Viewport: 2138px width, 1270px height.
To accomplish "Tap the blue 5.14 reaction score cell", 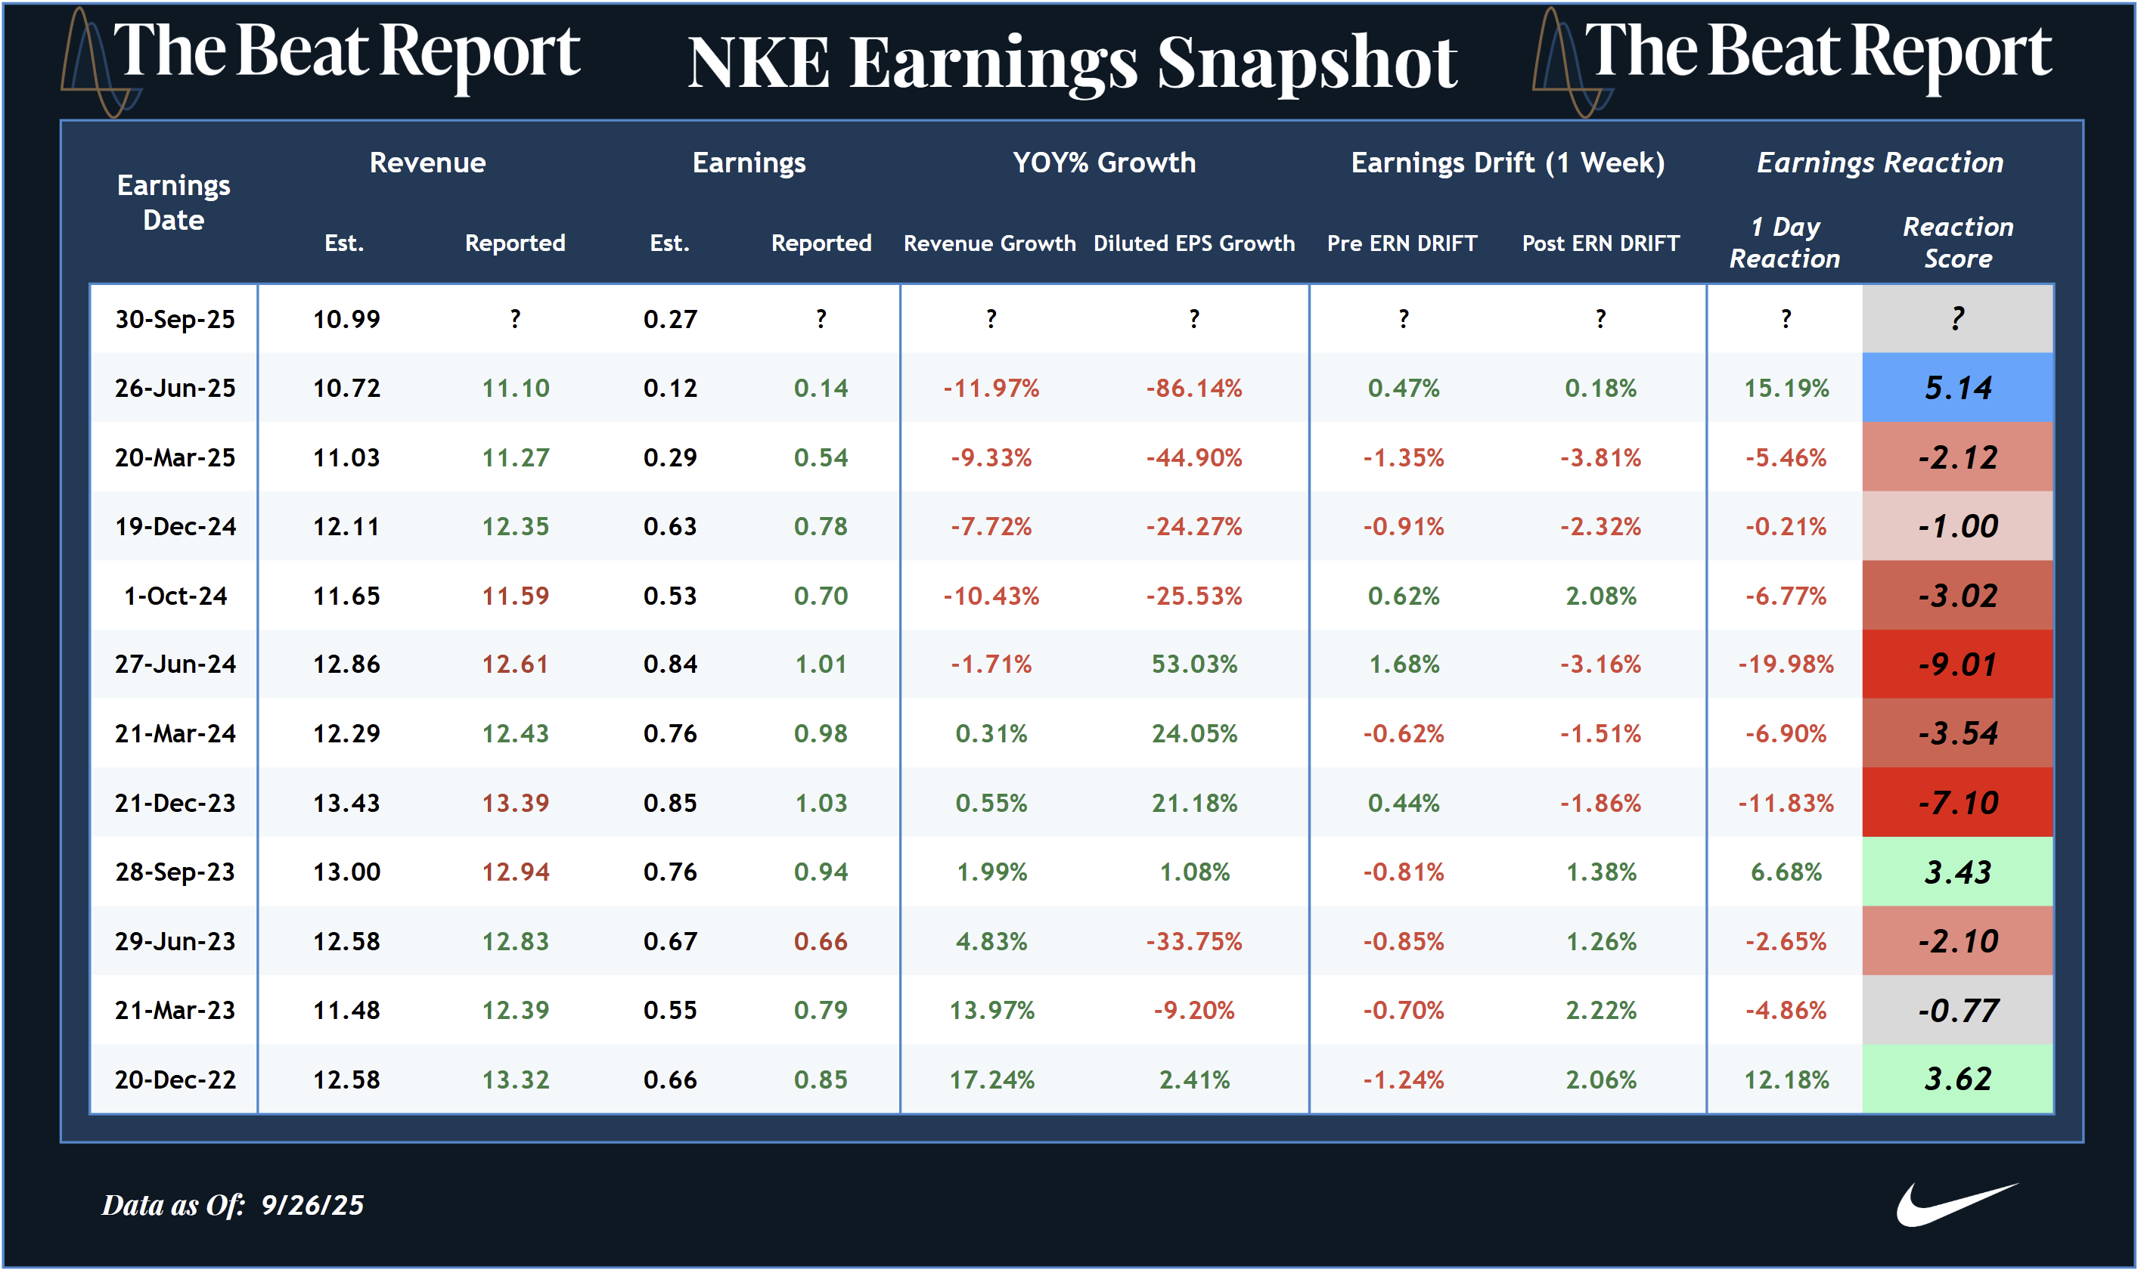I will (1956, 388).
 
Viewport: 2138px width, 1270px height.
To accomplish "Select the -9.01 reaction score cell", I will (1956, 664).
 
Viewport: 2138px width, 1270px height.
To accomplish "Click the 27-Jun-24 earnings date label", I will (175, 664).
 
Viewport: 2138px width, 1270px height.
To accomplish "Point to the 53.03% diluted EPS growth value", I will (1194, 664).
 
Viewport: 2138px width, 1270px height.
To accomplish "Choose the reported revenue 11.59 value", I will (515, 596).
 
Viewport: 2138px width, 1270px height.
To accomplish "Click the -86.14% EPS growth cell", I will (1194, 389).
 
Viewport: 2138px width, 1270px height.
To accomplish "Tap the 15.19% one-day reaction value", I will (1786, 389).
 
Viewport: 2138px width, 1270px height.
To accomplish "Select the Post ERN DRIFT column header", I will (1600, 243).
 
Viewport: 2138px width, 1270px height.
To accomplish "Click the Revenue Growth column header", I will (989, 243).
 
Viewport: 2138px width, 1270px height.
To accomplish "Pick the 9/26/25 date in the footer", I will (312, 1205).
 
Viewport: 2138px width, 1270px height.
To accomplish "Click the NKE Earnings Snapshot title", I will (1072, 63).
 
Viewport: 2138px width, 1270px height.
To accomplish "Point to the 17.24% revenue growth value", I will (991, 1080).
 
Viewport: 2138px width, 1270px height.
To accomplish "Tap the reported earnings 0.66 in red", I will (821, 941).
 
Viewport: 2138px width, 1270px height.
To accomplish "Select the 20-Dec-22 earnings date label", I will (175, 1080).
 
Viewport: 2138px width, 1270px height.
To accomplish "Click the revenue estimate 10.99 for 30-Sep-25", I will (346, 319).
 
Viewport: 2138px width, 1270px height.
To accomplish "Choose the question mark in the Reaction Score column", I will (1956, 319).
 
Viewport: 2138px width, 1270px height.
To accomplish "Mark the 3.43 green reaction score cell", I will (1956, 872).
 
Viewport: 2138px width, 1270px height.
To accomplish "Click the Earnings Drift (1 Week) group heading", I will (1507, 163).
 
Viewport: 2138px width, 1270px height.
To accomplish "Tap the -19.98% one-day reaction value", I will (1786, 664).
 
